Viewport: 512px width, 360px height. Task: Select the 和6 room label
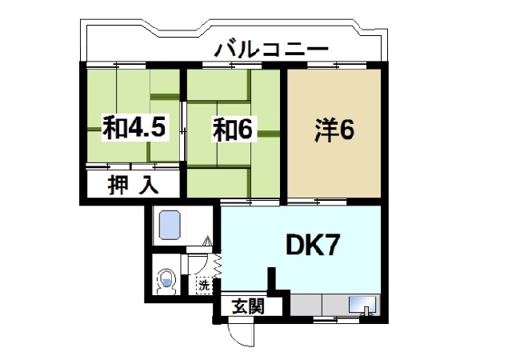[233, 130]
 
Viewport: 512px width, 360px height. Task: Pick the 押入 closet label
[133, 185]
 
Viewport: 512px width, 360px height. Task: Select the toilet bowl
[166, 281]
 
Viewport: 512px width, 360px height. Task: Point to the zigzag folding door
[218, 264]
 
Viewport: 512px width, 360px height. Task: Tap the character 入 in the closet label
[148, 185]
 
